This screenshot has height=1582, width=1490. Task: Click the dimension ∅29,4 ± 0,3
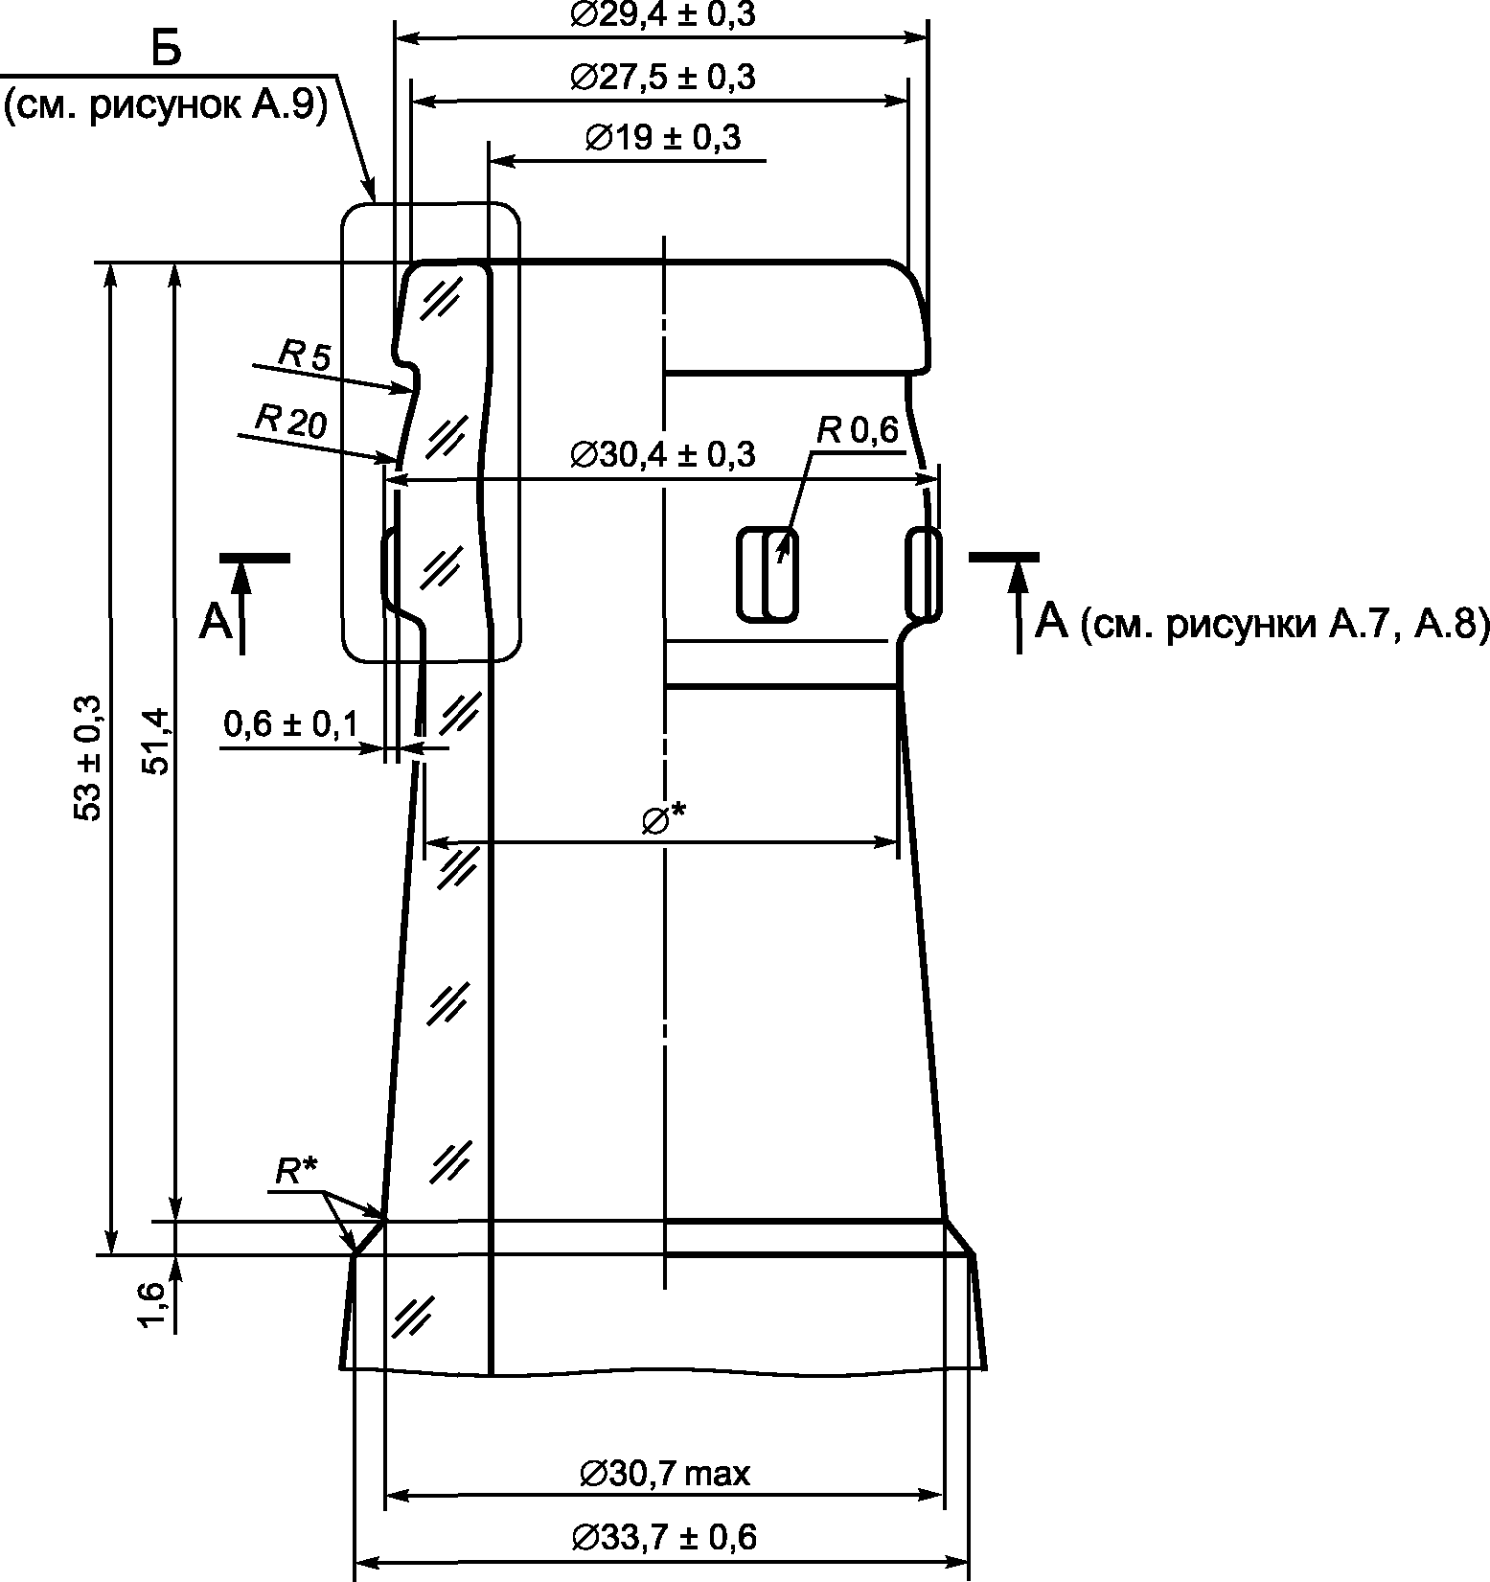pyautogui.click(x=662, y=14)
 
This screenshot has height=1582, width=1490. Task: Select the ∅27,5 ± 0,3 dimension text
pyautogui.click(x=662, y=77)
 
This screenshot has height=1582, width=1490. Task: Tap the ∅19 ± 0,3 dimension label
pyautogui.click(x=662, y=137)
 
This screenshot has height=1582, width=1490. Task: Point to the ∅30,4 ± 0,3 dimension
pyautogui.click(x=662, y=453)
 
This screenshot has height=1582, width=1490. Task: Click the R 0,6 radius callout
pyautogui.click(x=858, y=431)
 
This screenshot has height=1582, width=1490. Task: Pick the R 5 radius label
pyautogui.click(x=304, y=355)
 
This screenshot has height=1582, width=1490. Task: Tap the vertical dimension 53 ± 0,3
pyautogui.click(x=89, y=757)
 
